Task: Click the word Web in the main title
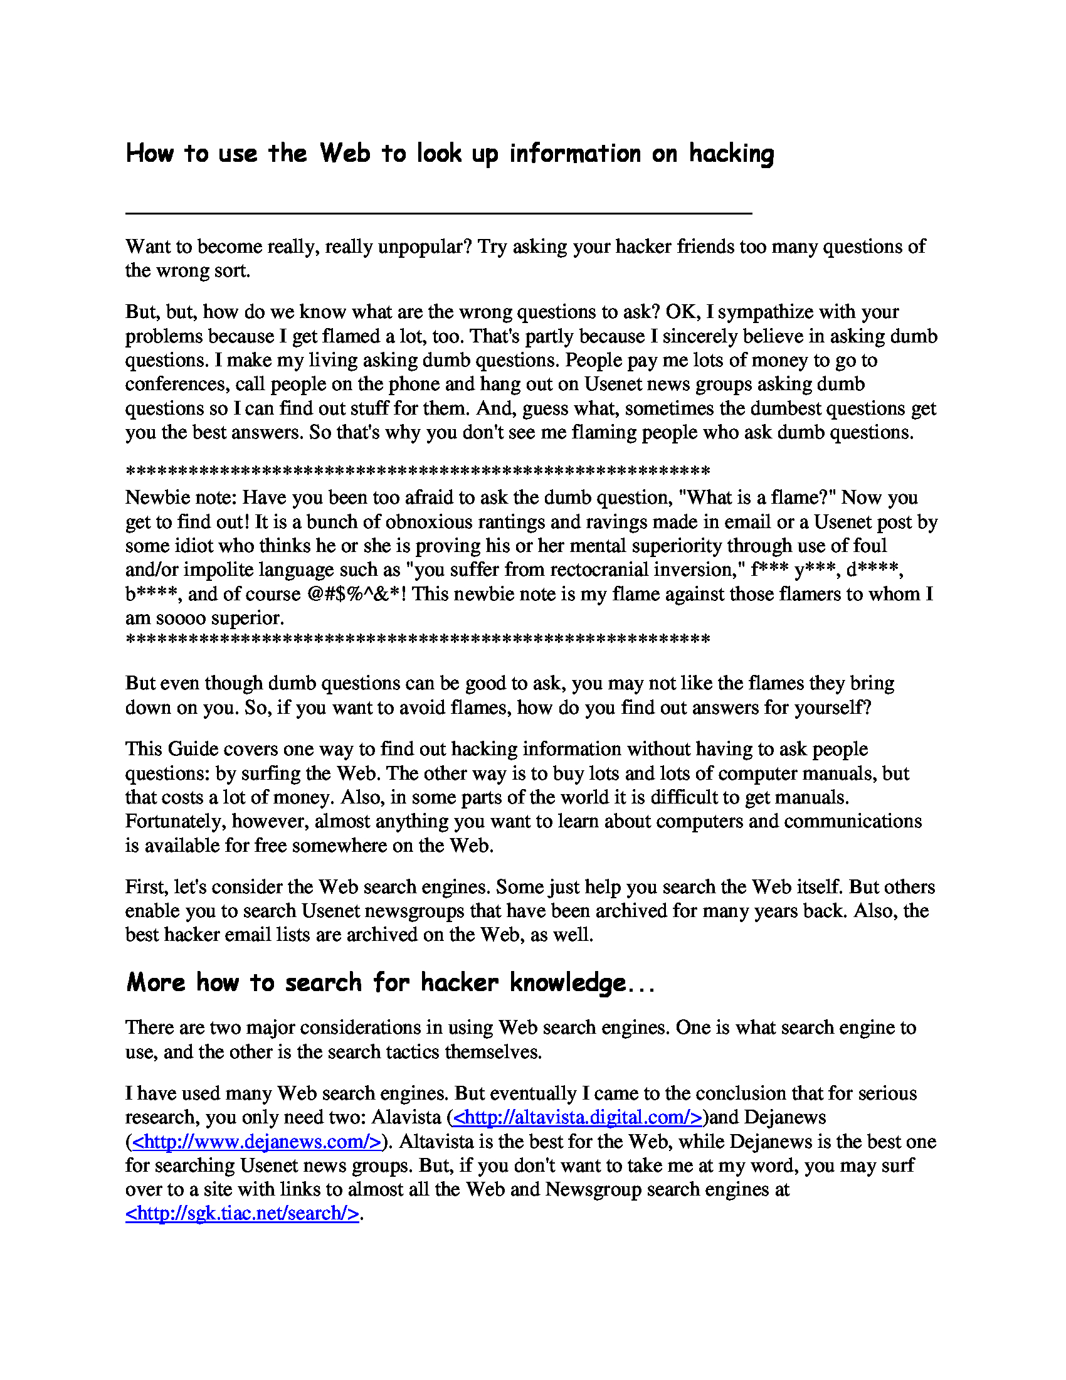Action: click(344, 153)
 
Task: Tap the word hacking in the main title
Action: click(731, 154)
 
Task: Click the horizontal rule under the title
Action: click(438, 213)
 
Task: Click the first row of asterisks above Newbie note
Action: click(418, 470)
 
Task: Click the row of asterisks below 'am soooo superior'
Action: click(418, 640)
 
